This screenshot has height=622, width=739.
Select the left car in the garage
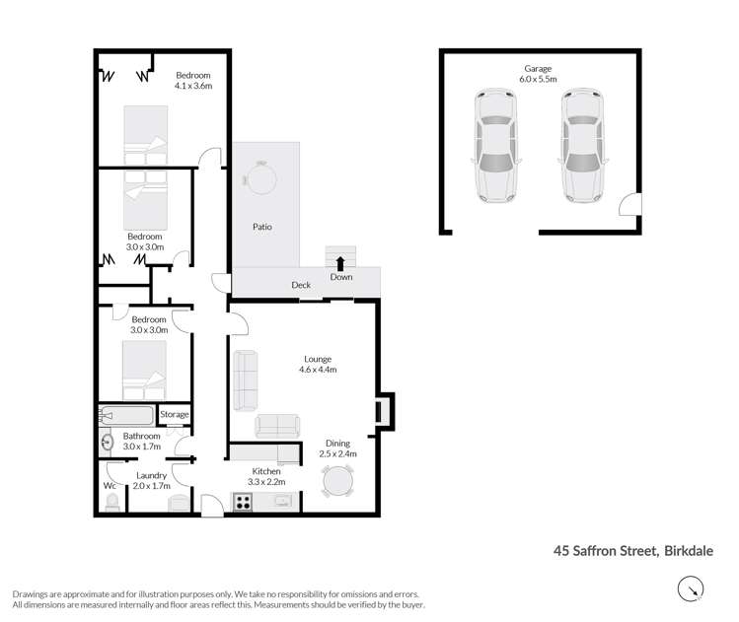[x=494, y=146]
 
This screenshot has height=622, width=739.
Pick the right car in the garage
[x=583, y=146]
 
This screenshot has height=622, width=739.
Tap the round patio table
[x=260, y=177]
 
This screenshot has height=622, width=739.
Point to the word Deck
[x=301, y=286]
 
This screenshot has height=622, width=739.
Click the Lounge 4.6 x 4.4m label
[x=318, y=365]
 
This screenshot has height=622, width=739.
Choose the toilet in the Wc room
[x=113, y=504]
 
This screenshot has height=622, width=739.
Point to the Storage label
[x=174, y=415]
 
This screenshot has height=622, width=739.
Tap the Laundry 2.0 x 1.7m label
[x=151, y=481]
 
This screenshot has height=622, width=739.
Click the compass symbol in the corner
[x=693, y=589]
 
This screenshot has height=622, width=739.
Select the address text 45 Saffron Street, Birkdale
[x=632, y=552]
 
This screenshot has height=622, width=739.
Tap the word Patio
[x=261, y=227]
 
